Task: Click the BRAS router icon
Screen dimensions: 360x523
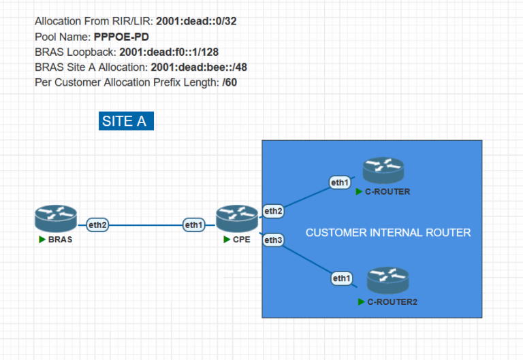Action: (x=55, y=218)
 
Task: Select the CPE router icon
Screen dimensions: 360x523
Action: (x=237, y=218)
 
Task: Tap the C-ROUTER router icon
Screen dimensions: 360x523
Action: (x=383, y=171)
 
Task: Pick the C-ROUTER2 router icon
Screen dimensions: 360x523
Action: (x=387, y=280)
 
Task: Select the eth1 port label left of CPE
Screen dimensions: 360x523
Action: (x=193, y=225)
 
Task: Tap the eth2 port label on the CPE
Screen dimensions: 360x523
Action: (x=273, y=212)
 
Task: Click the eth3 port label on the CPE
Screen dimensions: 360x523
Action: (x=273, y=240)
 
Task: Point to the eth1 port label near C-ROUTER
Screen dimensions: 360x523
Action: (x=340, y=182)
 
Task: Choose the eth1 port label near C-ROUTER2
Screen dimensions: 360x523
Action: (x=342, y=278)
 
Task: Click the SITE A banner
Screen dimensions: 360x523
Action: (x=126, y=121)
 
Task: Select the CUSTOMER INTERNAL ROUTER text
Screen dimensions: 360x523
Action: (x=388, y=233)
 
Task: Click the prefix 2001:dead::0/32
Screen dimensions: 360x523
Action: (x=196, y=21)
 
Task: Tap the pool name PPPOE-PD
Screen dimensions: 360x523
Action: (x=121, y=37)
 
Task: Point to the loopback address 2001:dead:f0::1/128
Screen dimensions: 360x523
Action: (x=169, y=52)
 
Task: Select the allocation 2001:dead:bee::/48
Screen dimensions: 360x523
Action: (x=198, y=67)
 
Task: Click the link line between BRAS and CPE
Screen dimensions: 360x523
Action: (x=146, y=225)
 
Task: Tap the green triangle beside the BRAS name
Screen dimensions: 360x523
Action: (x=42, y=240)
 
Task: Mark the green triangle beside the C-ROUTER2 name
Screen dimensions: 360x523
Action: (x=361, y=301)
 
